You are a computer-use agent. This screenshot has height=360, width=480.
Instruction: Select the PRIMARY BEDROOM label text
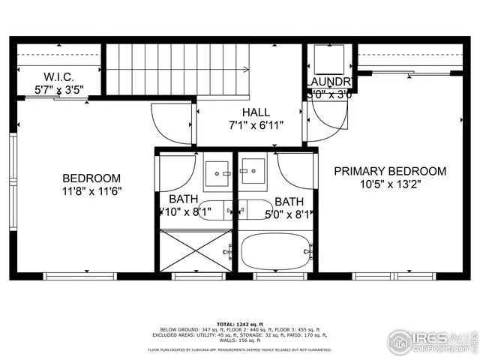pos(389,171)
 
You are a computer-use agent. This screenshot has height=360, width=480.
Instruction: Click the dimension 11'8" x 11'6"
pos(91,191)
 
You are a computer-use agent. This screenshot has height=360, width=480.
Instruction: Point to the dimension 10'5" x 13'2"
pos(390,184)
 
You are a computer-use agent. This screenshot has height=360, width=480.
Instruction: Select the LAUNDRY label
pos(329,82)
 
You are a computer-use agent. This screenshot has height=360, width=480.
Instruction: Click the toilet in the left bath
pos(216,210)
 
